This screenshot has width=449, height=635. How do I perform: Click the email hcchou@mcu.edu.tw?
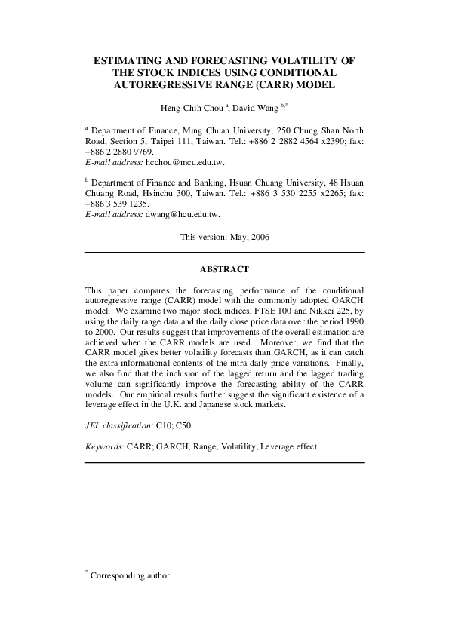coord(179,162)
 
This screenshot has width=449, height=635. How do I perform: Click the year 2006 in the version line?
coord(257,237)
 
